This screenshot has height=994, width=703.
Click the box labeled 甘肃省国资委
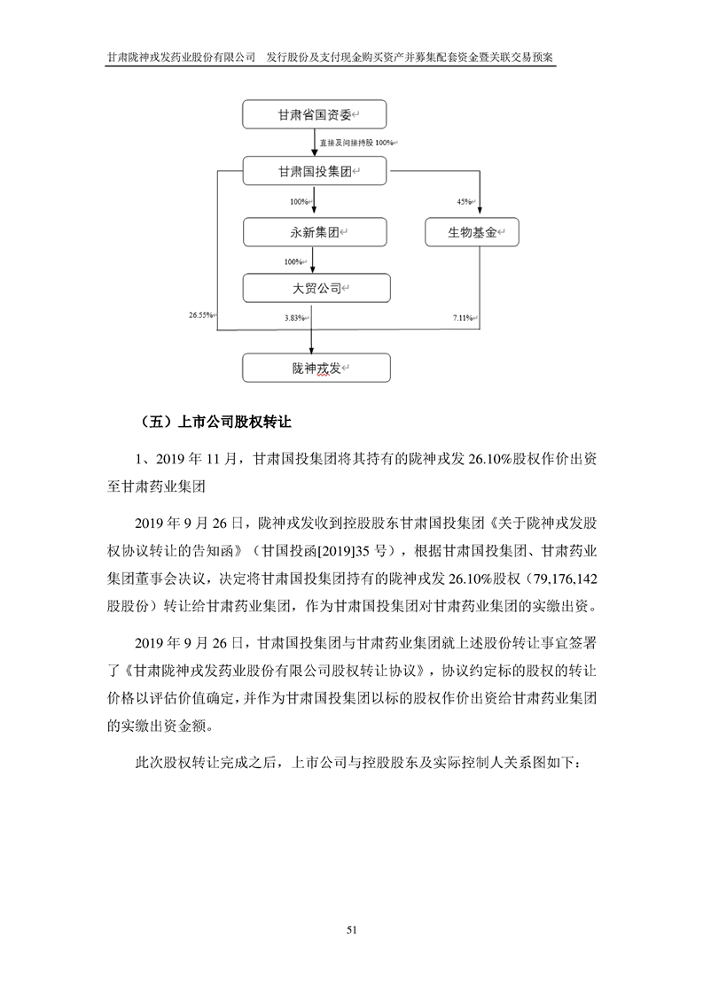314,116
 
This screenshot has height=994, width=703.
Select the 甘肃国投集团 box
314,171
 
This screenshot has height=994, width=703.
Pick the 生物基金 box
469,232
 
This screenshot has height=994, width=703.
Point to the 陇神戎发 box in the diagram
314,368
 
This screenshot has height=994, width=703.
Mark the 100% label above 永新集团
300,202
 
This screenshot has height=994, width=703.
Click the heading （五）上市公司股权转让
215,423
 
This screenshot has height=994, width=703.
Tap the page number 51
352,930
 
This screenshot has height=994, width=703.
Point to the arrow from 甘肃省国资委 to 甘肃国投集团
314,144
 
